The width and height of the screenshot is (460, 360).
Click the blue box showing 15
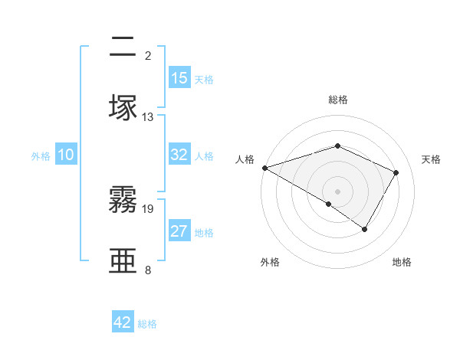(x=179, y=78)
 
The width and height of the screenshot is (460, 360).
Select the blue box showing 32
(x=179, y=155)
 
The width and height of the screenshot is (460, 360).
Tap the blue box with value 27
(x=179, y=231)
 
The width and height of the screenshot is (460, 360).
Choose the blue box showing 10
(x=66, y=155)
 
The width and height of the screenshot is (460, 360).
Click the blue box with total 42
(x=123, y=322)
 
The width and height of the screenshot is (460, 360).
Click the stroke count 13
(x=148, y=116)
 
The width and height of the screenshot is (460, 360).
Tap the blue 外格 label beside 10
(x=41, y=155)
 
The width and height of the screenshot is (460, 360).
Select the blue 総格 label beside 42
(x=147, y=323)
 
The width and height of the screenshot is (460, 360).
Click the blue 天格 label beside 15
(x=204, y=79)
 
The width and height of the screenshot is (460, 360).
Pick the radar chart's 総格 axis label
(x=338, y=100)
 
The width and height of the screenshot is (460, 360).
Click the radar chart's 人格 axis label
(x=245, y=159)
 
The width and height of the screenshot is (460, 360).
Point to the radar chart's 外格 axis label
(x=270, y=262)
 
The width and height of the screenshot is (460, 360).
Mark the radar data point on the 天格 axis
(x=396, y=172)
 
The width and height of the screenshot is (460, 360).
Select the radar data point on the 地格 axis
(x=365, y=229)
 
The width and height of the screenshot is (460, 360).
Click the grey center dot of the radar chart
(x=338, y=191)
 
